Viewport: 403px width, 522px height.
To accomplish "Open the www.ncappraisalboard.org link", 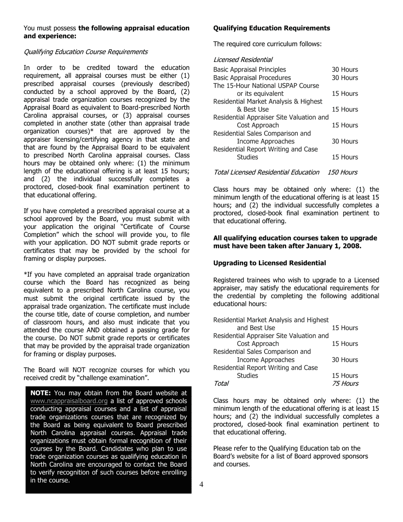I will coord(69,401).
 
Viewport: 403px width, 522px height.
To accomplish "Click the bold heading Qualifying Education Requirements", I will coord(271,28).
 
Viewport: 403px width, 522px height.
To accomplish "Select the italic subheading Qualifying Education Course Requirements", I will coord(86,52).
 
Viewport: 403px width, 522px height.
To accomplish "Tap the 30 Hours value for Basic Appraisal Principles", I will coord(345,70).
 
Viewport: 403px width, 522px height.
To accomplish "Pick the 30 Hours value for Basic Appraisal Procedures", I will coord(345,78).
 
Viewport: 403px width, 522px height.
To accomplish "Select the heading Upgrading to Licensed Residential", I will coord(269,263).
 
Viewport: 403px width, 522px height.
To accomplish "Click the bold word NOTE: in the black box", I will coord(41,393).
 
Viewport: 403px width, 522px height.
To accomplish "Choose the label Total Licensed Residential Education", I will coord(266,172).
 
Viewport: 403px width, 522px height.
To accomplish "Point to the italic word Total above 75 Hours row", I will coord(221,384).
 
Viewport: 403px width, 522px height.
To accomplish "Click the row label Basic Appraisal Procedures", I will coord(252,78).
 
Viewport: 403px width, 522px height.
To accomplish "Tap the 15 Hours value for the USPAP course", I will coord(345,93).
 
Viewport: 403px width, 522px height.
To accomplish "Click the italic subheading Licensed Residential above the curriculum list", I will coord(243,60).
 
